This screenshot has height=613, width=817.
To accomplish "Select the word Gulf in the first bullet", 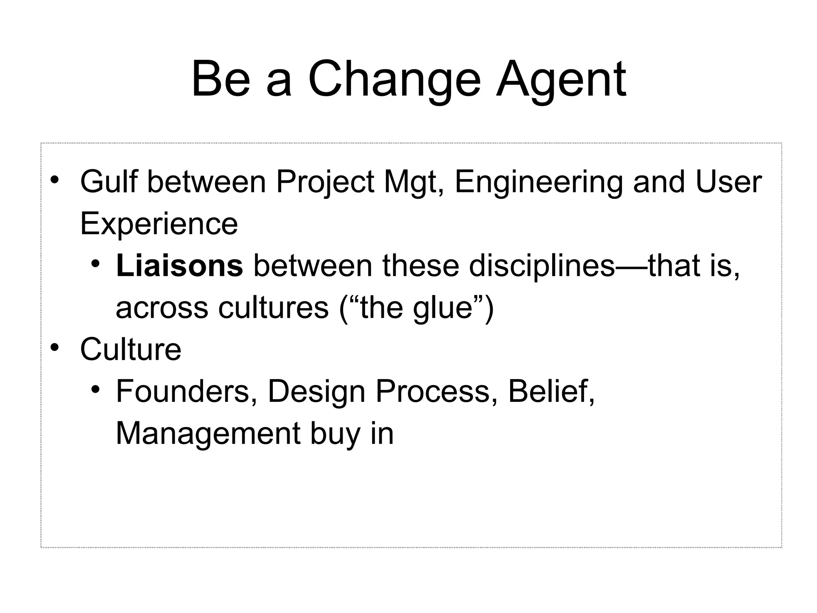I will (108, 182).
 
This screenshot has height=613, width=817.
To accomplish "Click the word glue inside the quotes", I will (443, 308).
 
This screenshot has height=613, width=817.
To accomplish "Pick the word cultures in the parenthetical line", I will (273, 308).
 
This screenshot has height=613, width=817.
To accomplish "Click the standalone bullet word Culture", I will (130, 350).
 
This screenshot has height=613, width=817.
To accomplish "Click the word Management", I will (207, 434).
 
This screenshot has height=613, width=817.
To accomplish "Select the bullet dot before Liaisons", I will (95, 263).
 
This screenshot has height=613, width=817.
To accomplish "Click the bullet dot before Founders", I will (95, 389).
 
